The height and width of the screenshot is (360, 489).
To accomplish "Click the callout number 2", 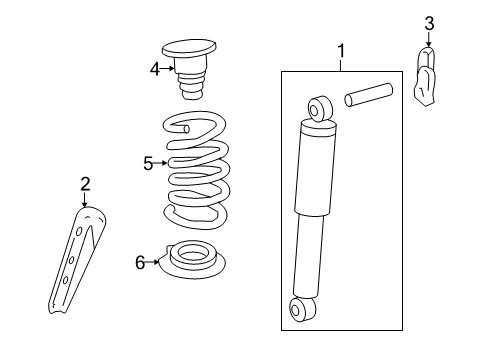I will click(85, 183).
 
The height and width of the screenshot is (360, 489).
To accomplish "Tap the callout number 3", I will click(429, 23).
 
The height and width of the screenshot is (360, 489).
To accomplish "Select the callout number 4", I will click(155, 69).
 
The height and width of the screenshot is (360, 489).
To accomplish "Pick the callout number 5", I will click(148, 163).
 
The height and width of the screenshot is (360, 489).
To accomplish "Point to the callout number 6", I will click(140, 262).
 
